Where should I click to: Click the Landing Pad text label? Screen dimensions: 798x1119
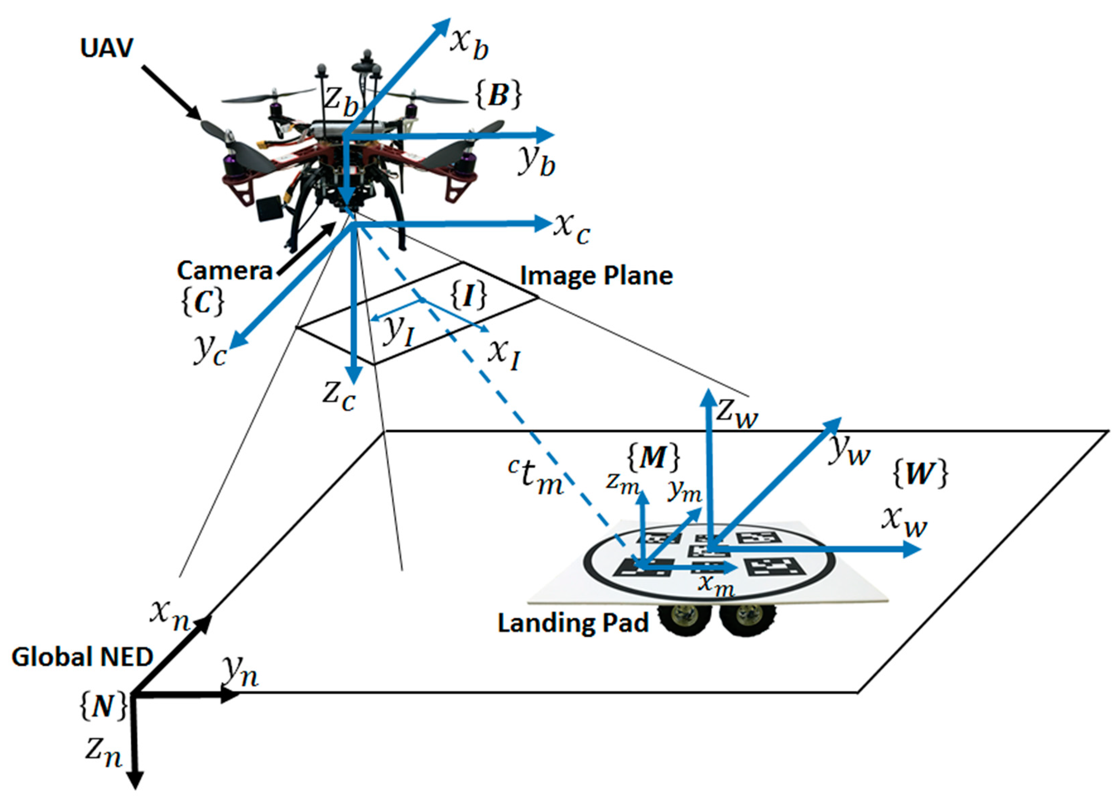click(573, 623)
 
